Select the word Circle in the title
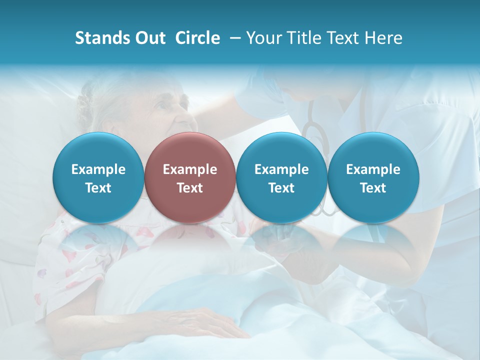[x=197, y=38]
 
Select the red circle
[x=190, y=177]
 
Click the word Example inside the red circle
[x=190, y=169]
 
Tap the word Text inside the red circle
[x=190, y=188]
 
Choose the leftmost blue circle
[x=98, y=177]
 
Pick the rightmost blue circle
[x=373, y=177]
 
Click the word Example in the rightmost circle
[x=373, y=169]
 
